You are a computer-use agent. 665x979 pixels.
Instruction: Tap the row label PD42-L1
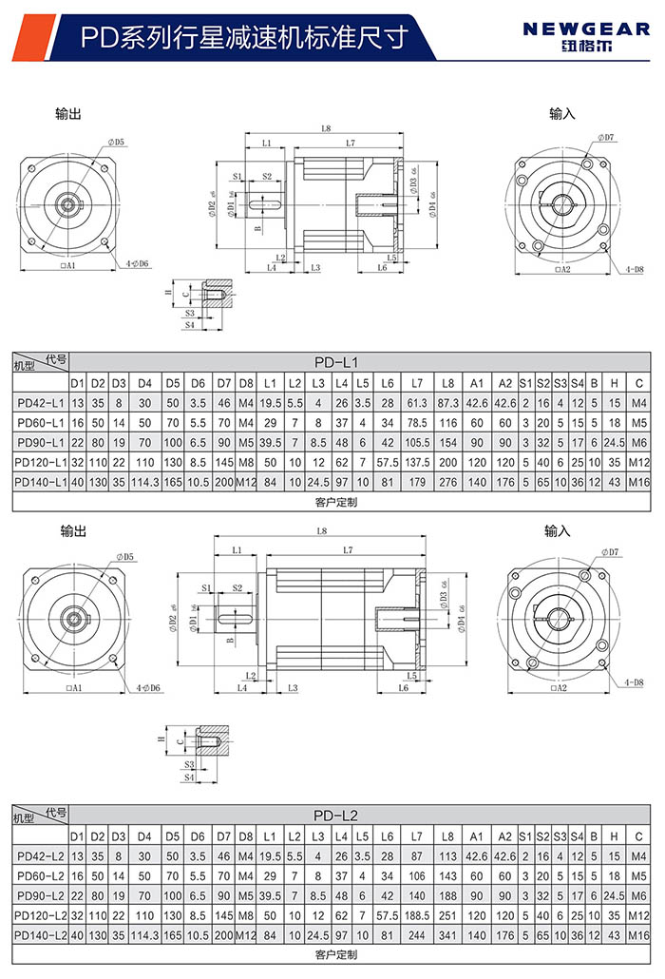pyautogui.click(x=40, y=403)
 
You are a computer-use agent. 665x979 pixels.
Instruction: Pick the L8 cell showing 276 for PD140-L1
pyautogui.click(x=447, y=482)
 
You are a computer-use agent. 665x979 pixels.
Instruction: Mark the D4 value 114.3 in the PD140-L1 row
pyautogui.click(x=144, y=482)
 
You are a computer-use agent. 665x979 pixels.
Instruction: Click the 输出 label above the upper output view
pyautogui.click(x=68, y=114)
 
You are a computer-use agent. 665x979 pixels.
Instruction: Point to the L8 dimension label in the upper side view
pyautogui.click(x=326, y=128)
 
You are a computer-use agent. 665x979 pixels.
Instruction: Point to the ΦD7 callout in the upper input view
pyautogui.click(x=607, y=138)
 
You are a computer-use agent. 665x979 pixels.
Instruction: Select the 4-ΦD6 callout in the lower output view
pyautogui.click(x=147, y=687)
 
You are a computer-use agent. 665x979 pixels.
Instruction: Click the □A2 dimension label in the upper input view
pyautogui.click(x=561, y=270)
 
